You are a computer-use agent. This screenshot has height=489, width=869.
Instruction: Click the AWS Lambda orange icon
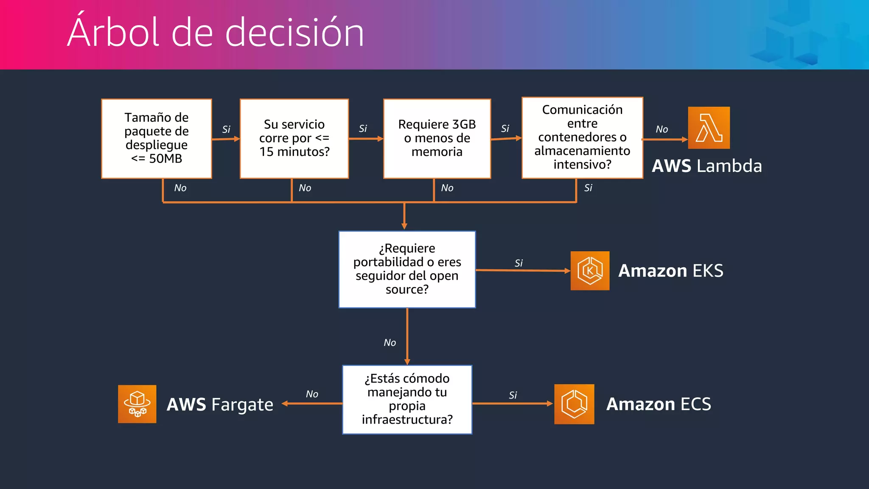tap(709, 128)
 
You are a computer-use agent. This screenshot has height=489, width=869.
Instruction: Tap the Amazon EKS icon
tap(590, 271)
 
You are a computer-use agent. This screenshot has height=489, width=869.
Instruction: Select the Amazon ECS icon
tap(574, 404)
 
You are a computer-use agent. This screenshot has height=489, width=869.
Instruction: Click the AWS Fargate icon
tap(137, 404)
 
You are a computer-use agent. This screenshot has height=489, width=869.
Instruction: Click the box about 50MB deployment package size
tap(157, 138)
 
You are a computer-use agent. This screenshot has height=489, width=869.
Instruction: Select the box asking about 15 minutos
tap(294, 138)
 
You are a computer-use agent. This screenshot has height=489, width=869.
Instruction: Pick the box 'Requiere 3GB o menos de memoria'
tap(437, 138)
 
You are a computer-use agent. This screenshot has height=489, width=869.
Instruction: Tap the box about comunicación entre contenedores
tap(582, 138)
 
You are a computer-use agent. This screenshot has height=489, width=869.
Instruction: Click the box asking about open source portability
tap(407, 269)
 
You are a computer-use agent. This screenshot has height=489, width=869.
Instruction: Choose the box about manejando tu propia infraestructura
tap(407, 399)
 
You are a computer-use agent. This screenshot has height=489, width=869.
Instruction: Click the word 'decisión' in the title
tap(294, 33)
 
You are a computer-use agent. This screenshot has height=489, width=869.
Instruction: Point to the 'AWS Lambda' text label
tap(707, 166)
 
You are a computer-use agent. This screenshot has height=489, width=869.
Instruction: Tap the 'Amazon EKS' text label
tap(670, 271)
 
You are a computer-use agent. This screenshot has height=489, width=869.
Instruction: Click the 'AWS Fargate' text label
tap(220, 405)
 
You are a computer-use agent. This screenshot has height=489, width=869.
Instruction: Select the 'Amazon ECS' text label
tap(659, 404)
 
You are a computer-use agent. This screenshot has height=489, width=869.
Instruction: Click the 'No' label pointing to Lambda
tap(662, 129)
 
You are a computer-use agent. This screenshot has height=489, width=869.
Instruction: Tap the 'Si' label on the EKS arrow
tap(519, 263)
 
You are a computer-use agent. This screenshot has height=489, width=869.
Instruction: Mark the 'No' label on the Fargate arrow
tap(312, 394)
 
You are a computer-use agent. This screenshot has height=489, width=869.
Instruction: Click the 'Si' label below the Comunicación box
tap(588, 188)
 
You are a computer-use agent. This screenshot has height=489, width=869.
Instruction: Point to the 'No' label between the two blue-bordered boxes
tap(390, 343)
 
